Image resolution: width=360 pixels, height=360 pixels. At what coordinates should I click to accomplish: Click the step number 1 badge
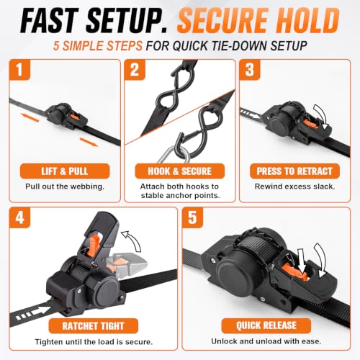[x=19, y=70]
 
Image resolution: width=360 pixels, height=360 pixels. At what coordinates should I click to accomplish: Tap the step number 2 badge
[x=135, y=70]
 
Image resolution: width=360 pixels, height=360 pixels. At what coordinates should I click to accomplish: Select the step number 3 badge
[x=250, y=70]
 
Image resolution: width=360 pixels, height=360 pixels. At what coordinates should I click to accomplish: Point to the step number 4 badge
[x=19, y=217]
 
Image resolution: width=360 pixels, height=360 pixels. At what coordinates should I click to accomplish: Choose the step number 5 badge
[x=192, y=217]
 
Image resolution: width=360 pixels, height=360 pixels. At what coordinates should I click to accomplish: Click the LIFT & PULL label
[x=65, y=171]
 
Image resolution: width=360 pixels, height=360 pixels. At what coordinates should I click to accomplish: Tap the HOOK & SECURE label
[x=180, y=171]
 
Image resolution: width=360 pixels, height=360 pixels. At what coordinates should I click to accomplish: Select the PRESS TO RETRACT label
[x=294, y=171]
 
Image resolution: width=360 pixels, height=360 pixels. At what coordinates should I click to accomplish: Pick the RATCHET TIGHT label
[x=94, y=326]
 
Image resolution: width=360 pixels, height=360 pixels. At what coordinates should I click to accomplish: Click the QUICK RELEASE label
[x=266, y=325]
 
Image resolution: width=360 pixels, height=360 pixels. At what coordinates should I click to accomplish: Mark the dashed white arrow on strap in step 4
[x=31, y=313]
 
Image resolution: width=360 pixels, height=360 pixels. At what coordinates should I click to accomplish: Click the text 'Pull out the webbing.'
[x=65, y=186]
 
